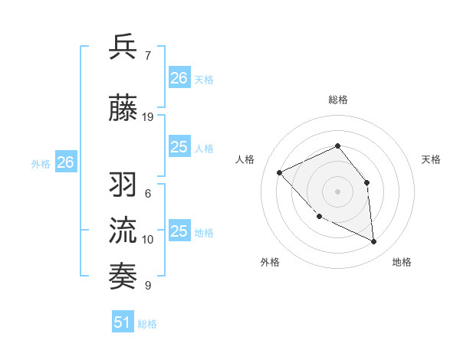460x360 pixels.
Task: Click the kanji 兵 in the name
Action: pyautogui.click(x=124, y=47)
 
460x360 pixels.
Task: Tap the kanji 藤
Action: pyautogui.click(x=124, y=109)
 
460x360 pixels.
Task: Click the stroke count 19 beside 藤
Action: pyautogui.click(x=148, y=117)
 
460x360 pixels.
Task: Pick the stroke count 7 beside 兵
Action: pyautogui.click(x=148, y=56)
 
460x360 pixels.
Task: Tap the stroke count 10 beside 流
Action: pyautogui.click(x=148, y=240)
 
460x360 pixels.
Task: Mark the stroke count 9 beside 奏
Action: pyautogui.click(x=148, y=286)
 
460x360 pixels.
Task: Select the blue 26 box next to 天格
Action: pyautogui.click(x=179, y=77)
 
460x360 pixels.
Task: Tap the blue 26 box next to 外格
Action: pyautogui.click(x=66, y=162)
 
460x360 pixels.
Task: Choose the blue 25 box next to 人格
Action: pyautogui.click(x=179, y=147)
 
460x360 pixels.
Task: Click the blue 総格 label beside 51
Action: pyautogui.click(x=147, y=324)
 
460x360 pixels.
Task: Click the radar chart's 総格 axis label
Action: pyautogui.click(x=338, y=100)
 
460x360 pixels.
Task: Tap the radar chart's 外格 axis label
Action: pyautogui.click(x=270, y=262)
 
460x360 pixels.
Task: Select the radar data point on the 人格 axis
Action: pyautogui.click(x=280, y=172)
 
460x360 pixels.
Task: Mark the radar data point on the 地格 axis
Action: pyautogui.click(x=374, y=242)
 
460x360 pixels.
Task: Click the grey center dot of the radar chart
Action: pyautogui.click(x=337, y=191)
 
